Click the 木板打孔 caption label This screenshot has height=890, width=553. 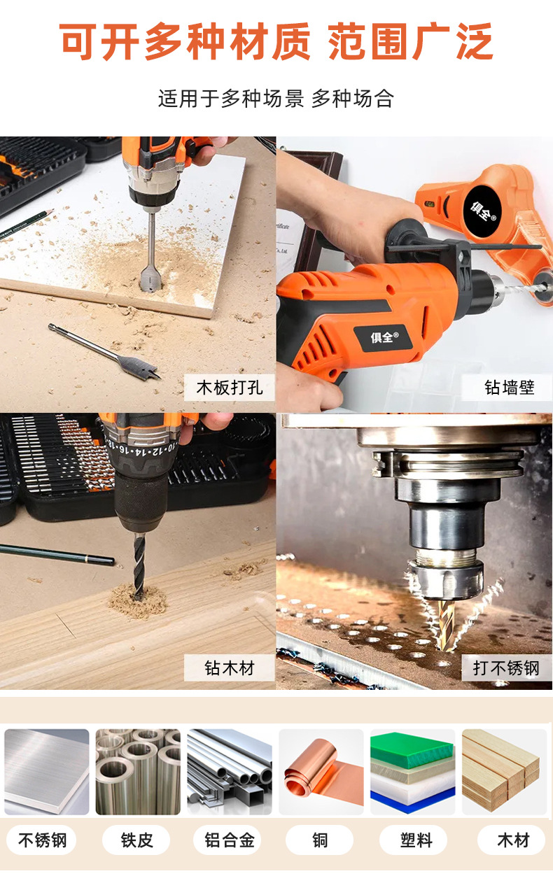[229, 388]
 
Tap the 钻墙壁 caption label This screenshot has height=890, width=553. [509, 388]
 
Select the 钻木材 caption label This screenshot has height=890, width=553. [229, 667]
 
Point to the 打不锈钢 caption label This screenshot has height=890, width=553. [506, 667]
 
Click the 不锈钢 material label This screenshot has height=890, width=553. [42, 840]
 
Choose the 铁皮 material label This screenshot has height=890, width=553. [136, 840]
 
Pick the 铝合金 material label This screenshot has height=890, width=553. [229, 840]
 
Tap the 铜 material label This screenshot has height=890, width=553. [321, 840]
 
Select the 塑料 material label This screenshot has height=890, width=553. [416, 840]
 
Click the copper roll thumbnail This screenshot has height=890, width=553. [321, 772]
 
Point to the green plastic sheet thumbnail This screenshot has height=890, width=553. [412, 772]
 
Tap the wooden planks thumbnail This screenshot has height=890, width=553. [504, 772]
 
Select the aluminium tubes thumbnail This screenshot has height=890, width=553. [229, 772]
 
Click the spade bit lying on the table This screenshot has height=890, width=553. [105, 351]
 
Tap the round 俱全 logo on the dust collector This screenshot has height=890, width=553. [484, 209]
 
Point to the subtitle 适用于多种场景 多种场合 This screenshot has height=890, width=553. [276, 99]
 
